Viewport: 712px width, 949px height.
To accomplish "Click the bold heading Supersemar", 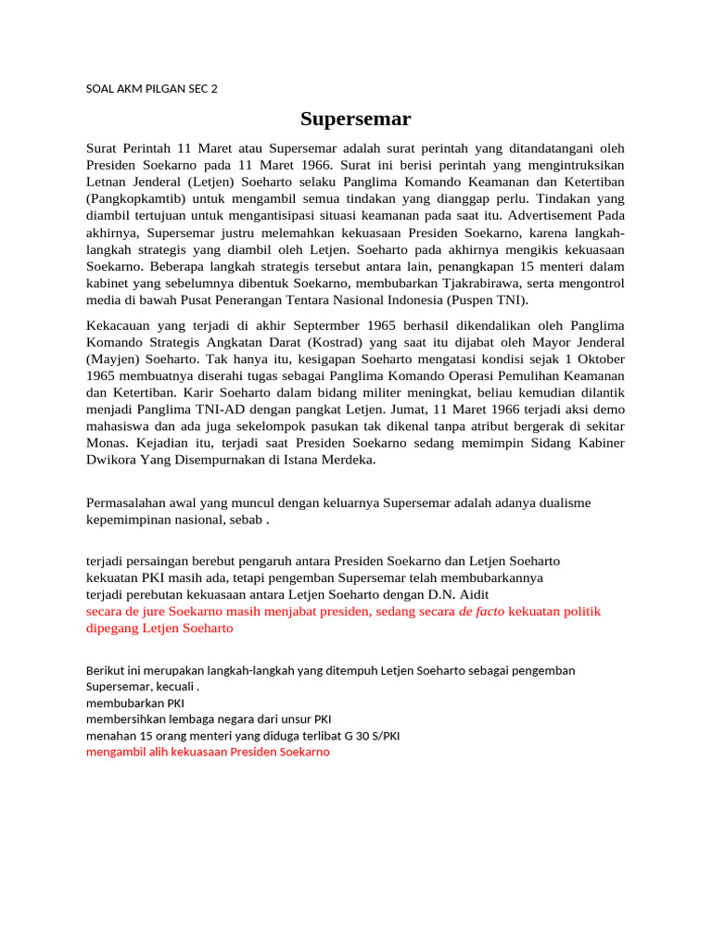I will pos(355,119).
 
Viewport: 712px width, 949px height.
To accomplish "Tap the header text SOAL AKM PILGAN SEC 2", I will pos(152,89).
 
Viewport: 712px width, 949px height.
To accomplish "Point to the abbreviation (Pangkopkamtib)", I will pos(137,199).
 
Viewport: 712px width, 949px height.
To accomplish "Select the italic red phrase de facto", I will pos(482,612).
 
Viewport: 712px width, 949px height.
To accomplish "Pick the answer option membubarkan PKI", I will pos(135,702).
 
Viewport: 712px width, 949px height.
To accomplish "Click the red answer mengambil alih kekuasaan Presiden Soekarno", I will pos(208,752).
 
